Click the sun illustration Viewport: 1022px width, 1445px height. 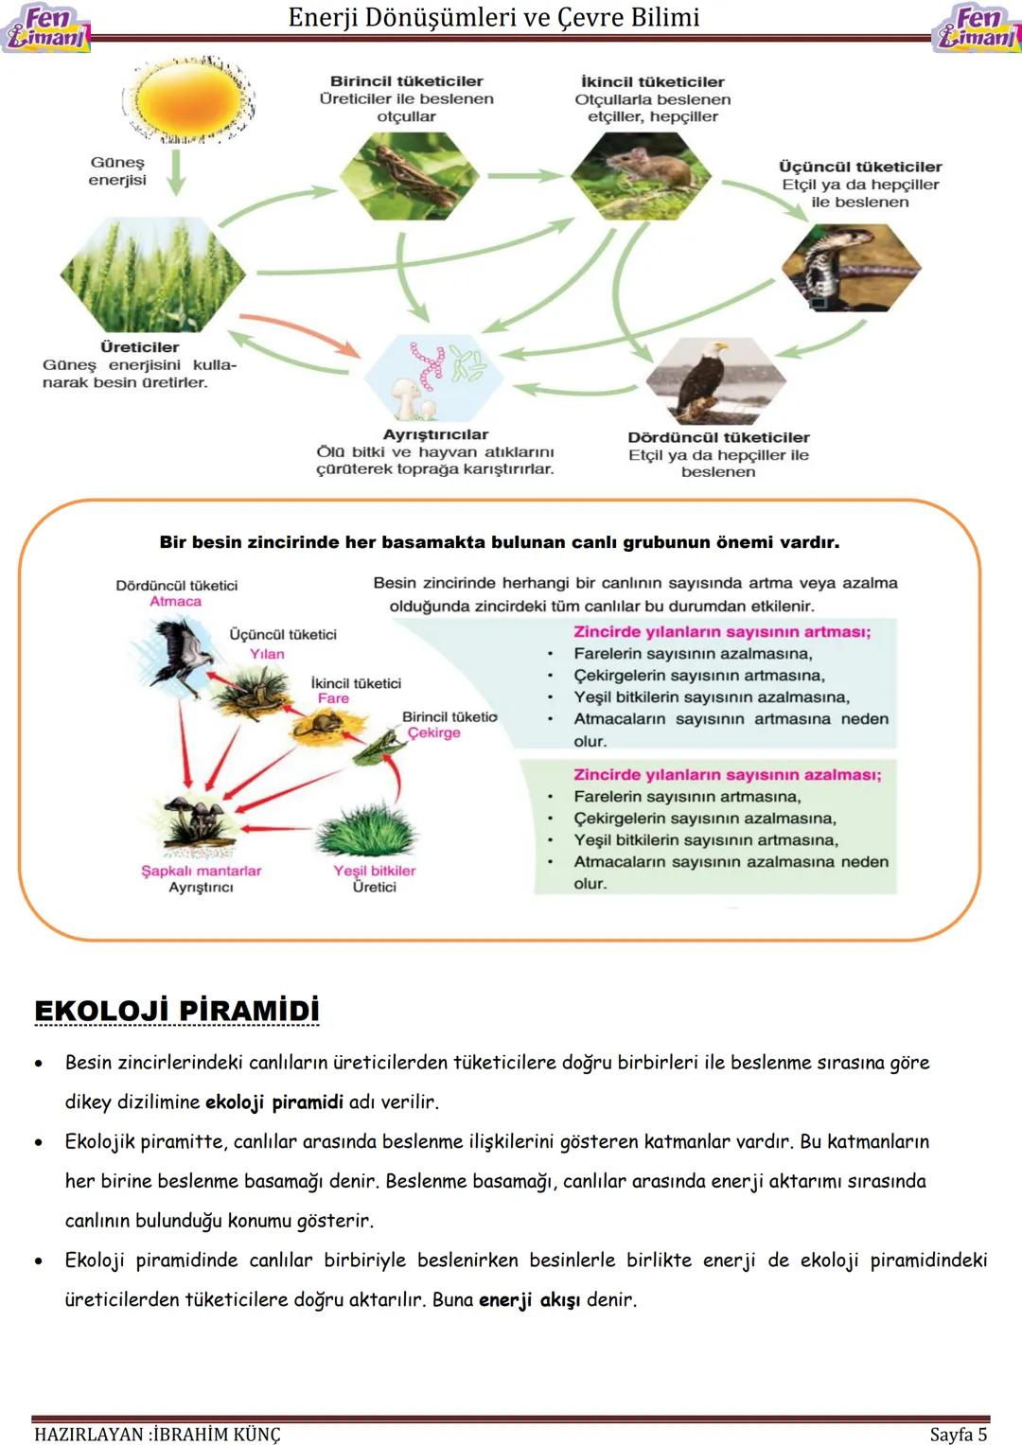(x=188, y=99)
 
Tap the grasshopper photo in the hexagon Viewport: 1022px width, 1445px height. (x=410, y=175)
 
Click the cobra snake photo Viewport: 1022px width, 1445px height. (x=850, y=268)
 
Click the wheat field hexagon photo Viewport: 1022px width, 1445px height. (x=152, y=274)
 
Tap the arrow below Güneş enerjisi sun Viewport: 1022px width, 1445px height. (x=176, y=171)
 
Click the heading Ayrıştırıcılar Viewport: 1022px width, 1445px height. (x=435, y=434)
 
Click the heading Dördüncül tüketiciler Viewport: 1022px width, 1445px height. (x=718, y=437)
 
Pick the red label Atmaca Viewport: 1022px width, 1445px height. (x=175, y=602)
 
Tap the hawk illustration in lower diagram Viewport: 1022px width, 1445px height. (x=183, y=652)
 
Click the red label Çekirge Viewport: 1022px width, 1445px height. (x=433, y=732)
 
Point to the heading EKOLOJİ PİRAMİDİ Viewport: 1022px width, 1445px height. (x=177, y=1011)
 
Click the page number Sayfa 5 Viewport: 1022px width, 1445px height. (x=958, y=1434)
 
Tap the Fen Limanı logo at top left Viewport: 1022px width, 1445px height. (x=45, y=27)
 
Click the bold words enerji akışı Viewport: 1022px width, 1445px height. (x=529, y=1299)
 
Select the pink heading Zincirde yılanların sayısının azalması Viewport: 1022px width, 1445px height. (x=727, y=774)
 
